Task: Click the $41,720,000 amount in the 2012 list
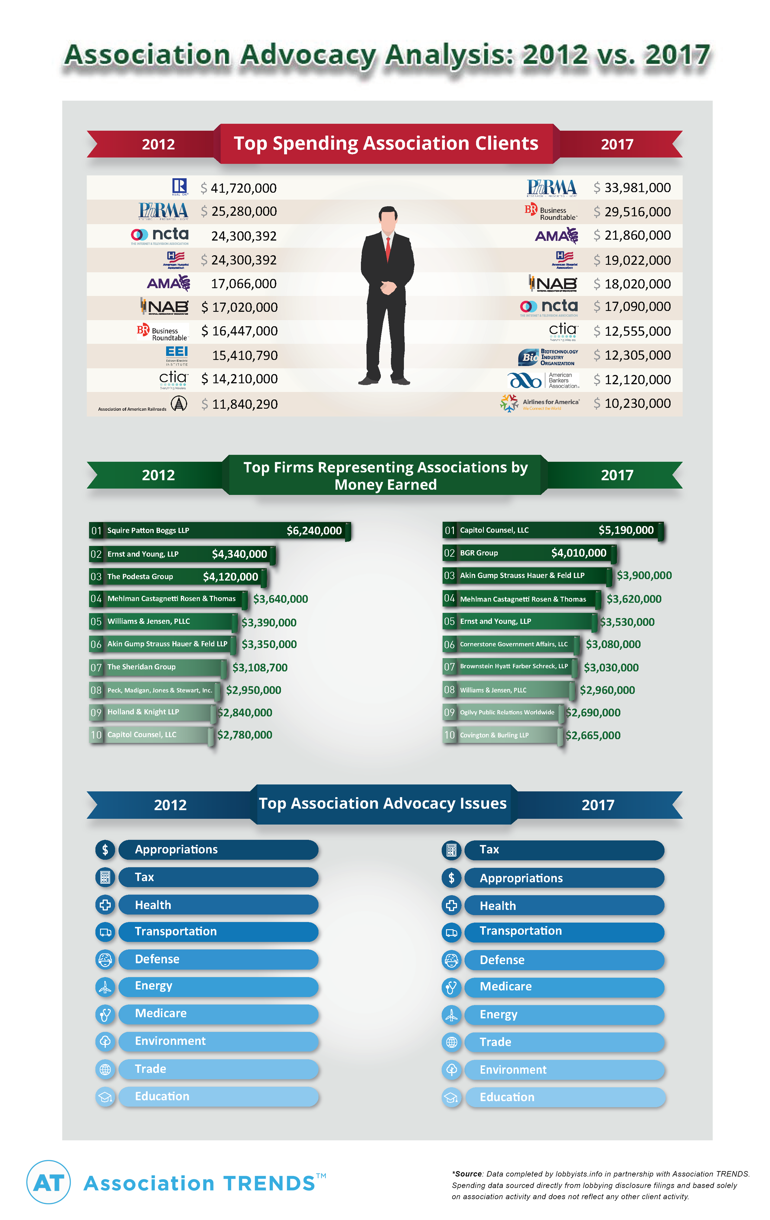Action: click(x=239, y=188)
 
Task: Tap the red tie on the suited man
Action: click(x=388, y=248)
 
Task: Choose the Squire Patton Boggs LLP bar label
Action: click(x=148, y=530)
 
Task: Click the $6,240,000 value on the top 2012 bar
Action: click(x=314, y=530)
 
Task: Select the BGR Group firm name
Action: click(x=479, y=553)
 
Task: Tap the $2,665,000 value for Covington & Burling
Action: click(x=592, y=735)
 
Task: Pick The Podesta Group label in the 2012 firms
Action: click(x=140, y=576)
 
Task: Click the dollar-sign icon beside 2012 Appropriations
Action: click(x=105, y=850)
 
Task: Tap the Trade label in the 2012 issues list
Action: click(x=151, y=1068)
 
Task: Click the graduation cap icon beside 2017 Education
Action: click(x=451, y=1098)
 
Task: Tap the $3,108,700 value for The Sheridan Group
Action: click(x=260, y=668)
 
